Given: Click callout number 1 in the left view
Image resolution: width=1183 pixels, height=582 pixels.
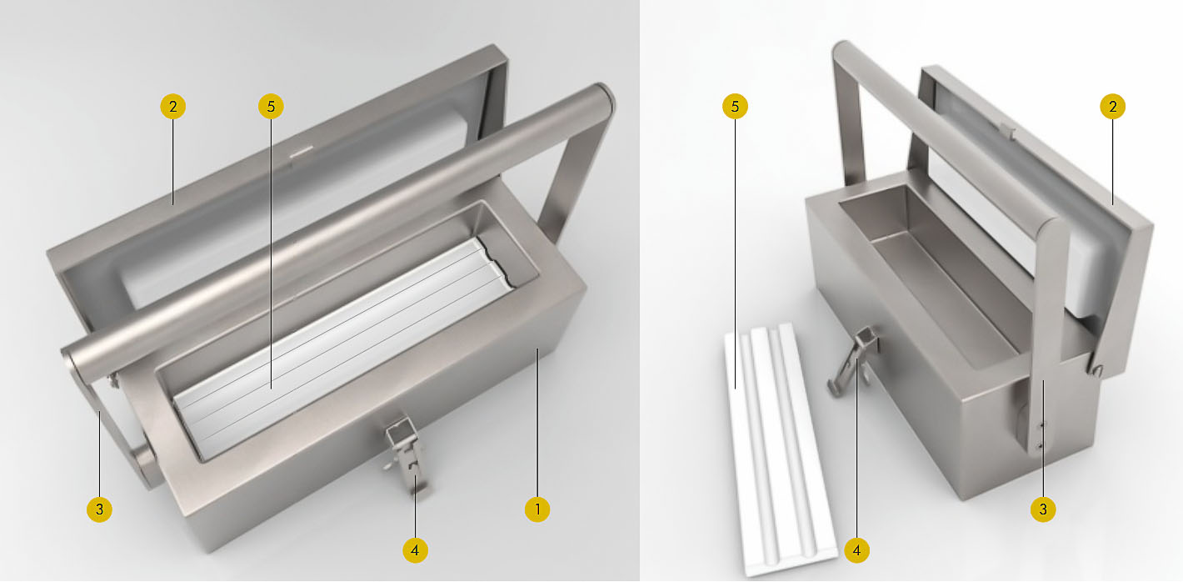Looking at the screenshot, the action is click(537, 509).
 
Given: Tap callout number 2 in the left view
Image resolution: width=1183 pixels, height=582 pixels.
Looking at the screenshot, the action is click(172, 106).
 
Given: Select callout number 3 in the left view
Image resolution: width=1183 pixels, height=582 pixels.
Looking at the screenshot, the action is click(99, 509).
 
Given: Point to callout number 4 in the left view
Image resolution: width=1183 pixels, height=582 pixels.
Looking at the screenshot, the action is click(415, 550).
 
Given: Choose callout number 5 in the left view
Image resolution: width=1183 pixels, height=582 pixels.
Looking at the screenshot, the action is click(271, 106).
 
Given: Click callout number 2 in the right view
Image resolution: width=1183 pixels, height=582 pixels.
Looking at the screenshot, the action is click(1113, 106).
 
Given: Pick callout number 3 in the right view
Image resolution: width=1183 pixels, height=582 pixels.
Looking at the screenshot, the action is click(1043, 509).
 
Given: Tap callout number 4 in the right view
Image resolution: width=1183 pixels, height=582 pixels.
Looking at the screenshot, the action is click(856, 550).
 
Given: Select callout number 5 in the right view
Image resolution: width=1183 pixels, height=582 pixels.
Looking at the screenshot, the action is click(735, 106).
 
